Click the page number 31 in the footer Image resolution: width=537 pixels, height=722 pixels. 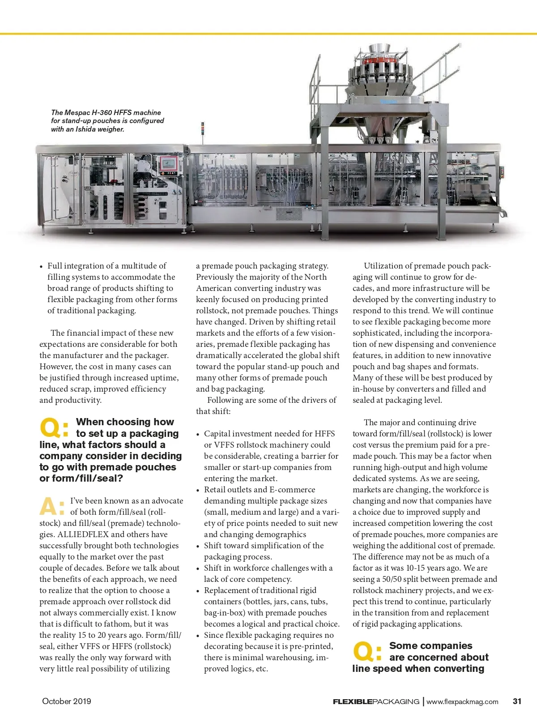(x=517, y=701)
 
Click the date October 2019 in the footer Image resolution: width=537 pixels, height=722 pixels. (x=66, y=701)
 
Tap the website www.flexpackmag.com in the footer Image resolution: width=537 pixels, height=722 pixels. (x=462, y=702)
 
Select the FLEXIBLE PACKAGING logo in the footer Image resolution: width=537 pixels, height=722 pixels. (x=376, y=702)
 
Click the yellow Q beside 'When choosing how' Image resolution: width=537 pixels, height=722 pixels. (x=51, y=428)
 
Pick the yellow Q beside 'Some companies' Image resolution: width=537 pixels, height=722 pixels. (x=364, y=652)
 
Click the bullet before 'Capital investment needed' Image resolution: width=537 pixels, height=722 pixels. (x=198, y=434)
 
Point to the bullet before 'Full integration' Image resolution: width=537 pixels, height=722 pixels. (x=41, y=266)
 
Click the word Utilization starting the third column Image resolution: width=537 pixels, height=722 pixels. (x=385, y=266)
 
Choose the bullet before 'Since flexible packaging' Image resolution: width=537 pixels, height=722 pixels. (x=198, y=636)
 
